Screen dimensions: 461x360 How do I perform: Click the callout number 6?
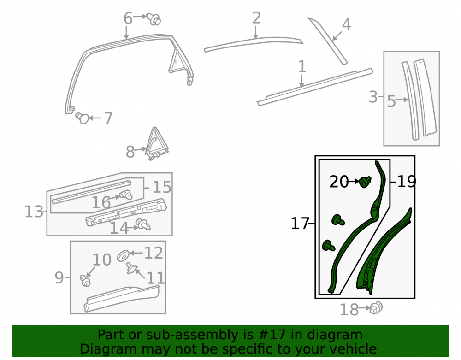128,18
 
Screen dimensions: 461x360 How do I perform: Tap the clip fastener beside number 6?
154,19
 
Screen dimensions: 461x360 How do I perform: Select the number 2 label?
256,18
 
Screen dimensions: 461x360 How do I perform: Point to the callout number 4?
346,24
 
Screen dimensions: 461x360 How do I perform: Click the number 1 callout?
302,66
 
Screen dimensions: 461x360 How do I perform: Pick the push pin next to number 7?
82,118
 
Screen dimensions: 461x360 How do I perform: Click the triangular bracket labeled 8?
156,143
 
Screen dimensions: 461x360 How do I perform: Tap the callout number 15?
162,187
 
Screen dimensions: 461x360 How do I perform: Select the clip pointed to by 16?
126,194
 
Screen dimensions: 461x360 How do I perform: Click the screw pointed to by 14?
143,224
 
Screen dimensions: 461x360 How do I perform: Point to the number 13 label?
34,212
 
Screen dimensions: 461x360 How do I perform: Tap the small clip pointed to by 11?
131,268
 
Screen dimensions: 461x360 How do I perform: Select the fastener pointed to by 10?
85,281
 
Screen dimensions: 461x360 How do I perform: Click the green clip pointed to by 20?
365,182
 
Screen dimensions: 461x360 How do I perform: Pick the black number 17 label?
300,224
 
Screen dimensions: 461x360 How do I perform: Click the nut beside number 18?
376,308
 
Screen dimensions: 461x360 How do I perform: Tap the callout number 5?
391,101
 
